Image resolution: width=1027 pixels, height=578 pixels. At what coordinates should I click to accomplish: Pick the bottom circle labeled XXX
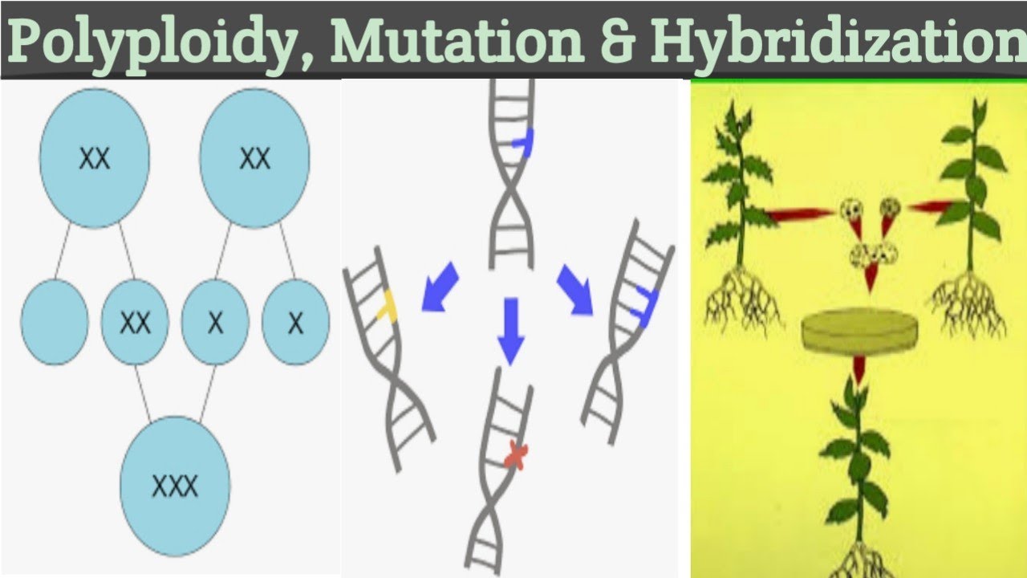[175, 485]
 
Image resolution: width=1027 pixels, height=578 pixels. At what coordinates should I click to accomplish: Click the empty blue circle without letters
[55, 322]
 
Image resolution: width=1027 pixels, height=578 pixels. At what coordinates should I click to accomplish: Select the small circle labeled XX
[135, 322]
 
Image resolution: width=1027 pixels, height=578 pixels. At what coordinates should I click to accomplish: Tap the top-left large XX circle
[95, 158]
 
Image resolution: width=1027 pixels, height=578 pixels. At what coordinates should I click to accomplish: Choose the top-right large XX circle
[254, 158]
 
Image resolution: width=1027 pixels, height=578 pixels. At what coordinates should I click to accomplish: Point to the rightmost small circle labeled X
[295, 322]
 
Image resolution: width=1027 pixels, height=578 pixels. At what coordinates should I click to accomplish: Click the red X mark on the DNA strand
[516, 458]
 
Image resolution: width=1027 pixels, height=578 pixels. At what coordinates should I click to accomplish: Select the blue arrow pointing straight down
[511, 330]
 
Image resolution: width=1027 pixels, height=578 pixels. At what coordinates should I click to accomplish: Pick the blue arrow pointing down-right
[574, 289]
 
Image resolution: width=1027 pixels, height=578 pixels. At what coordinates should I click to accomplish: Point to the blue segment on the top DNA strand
[524, 141]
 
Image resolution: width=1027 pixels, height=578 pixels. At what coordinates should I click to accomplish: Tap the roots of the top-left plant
[742, 300]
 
